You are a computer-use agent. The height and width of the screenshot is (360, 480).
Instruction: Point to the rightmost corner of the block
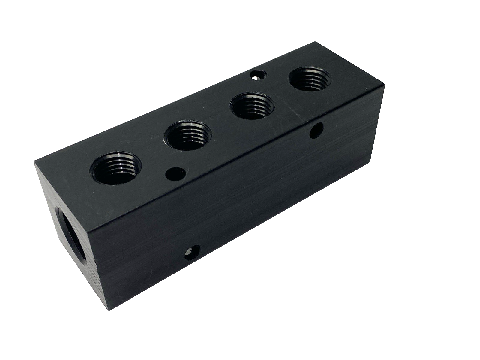pos(384,85)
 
